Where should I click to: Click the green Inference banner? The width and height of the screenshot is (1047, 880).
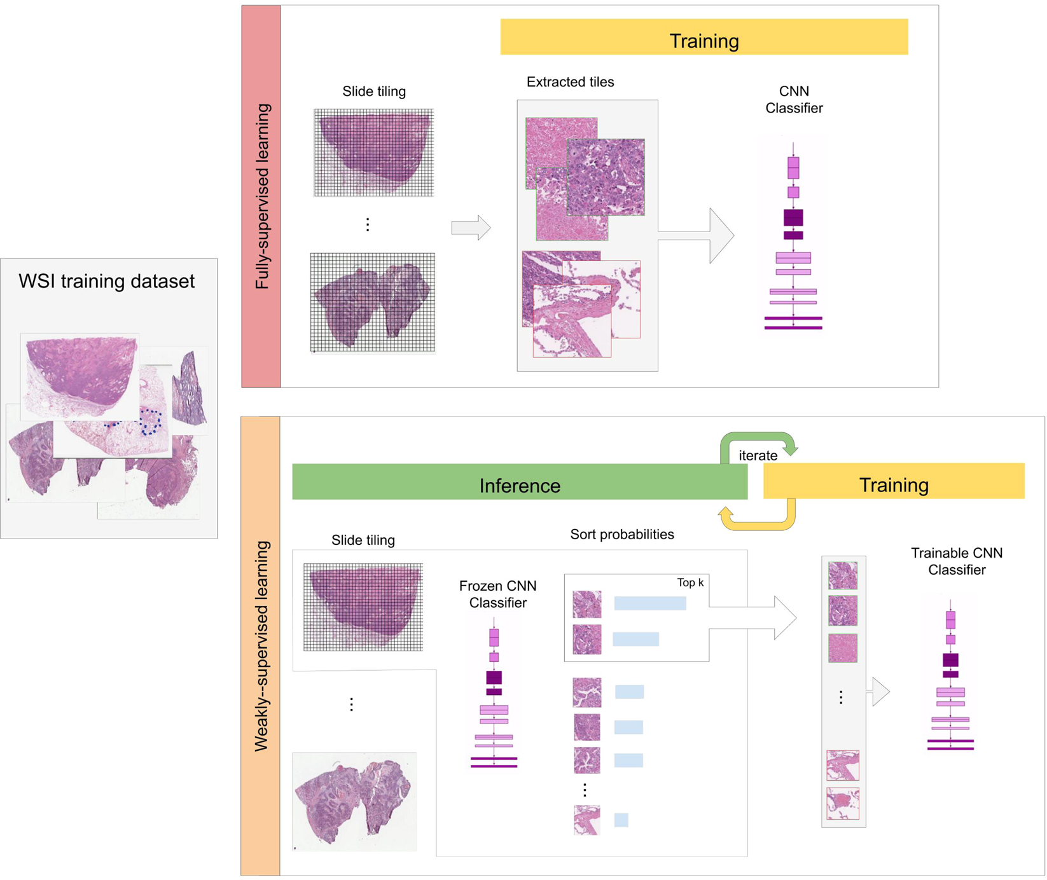tap(519, 483)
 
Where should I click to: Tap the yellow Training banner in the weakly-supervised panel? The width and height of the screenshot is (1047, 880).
tap(893, 482)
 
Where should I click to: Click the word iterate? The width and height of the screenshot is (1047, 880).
tap(758, 455)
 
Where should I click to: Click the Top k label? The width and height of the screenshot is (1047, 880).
tap(690, 582)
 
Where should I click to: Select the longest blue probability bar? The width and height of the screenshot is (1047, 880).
tap(649, 603)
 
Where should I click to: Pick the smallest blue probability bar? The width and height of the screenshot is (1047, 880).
tap(621, 820)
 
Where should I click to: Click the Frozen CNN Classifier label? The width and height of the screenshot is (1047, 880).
tap(497, 594)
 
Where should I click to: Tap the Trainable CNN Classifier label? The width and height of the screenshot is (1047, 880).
tap(956, 561)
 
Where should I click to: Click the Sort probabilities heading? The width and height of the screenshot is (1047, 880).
tap(621, 534)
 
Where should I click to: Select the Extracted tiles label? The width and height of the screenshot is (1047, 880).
tap(570, 82)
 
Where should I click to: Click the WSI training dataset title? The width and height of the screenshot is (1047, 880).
tap(106, 281)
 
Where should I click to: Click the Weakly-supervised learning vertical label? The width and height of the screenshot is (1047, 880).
tap(261, 645)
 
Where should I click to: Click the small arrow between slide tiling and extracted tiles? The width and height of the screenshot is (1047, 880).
tap(471, 228)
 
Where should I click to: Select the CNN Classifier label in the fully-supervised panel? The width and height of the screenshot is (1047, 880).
tap(794, 100)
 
